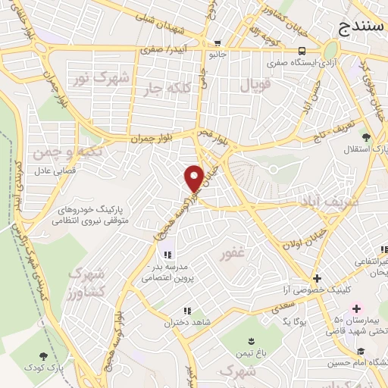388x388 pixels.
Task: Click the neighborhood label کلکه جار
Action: point(165,89)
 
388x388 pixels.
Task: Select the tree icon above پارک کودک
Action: point(43,355)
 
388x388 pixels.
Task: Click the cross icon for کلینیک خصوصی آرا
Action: point(317,278)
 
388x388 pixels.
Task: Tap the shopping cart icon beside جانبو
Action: point(218,43)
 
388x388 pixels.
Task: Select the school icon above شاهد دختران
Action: point(186,310)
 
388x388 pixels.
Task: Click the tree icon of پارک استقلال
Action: point(366,137)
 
